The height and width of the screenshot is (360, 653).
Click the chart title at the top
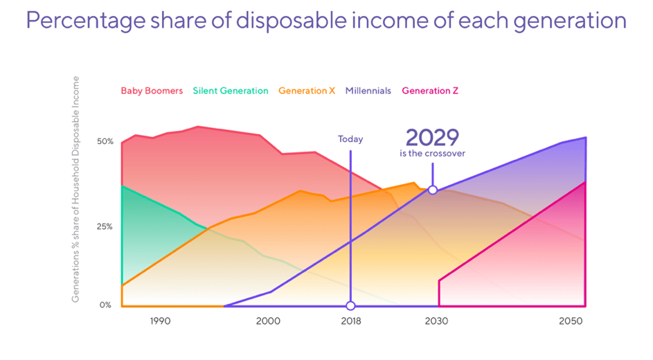click(x=326, y=21)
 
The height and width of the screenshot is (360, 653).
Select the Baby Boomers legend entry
click(x=152, y=91)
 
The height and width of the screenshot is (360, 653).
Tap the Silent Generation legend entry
click(x=231, y=91)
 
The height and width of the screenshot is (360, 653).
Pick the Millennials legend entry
click(x=368, y=91)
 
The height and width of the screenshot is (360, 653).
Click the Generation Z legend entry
click(x=429, y=91)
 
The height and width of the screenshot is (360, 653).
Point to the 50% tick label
click(x=105, y=141)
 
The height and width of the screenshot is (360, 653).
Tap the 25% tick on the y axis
click(x=105, y=226)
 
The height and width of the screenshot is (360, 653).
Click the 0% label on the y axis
click(x=105, y=305)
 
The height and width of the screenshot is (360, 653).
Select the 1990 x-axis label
click(x=160, y=321)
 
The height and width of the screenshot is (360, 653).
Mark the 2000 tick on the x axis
click(x=268, y=321)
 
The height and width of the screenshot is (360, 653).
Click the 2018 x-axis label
click(x=350, y=321)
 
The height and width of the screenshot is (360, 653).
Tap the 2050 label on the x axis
click(x=569, y=321)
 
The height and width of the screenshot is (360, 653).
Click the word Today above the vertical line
click(x=350, y=139)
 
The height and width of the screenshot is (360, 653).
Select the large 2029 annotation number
click(x=432, y=136)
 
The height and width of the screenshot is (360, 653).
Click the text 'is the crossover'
click(x=432, y=154)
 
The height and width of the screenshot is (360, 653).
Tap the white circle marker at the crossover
click(x=433, y=190)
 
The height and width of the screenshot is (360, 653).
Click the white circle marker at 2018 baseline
click(x=350, y=305)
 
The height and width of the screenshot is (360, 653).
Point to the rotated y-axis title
click(x=76, y=189)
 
